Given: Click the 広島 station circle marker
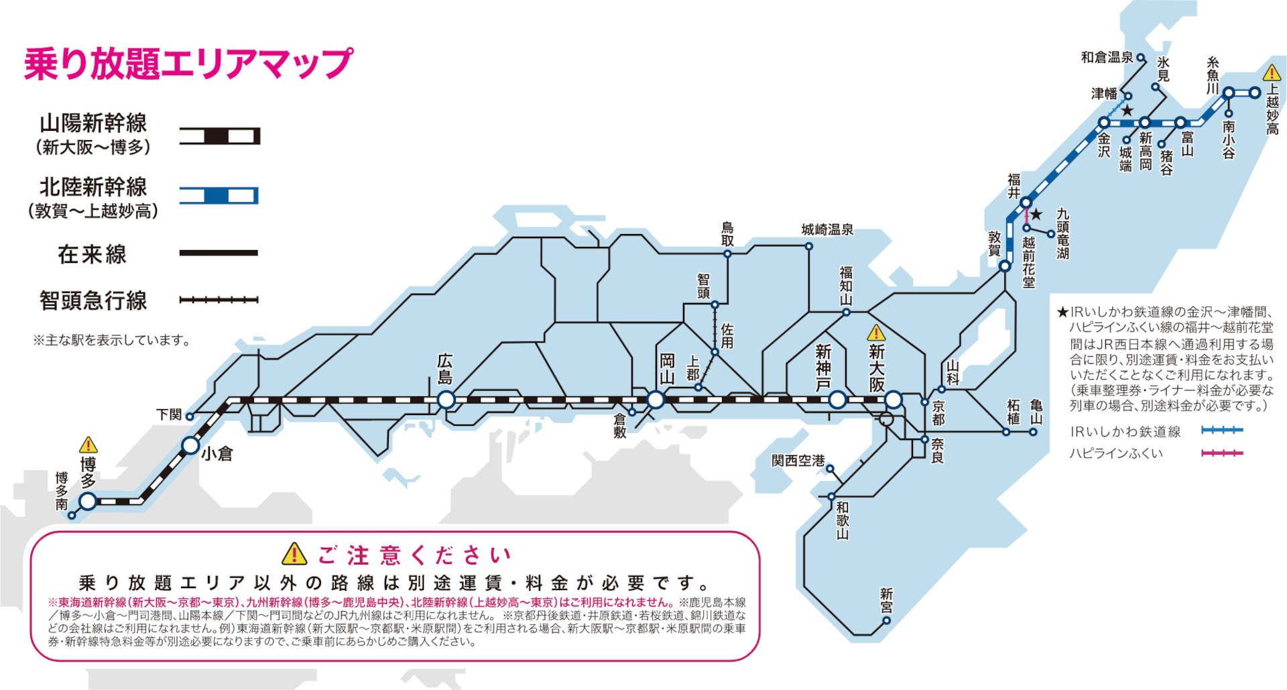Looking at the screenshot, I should point(446,400).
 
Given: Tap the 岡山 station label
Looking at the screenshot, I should point(667,369).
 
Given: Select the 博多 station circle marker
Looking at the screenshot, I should point(88,501).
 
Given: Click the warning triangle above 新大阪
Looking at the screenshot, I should point(876,333).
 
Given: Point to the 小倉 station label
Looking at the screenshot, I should point(217,454).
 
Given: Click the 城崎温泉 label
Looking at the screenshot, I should point(827,230).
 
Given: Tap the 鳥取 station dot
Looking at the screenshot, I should point(727,254).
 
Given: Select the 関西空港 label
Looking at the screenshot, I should point(798,461).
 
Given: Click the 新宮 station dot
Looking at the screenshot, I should point(886,620).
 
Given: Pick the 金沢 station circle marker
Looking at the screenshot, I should point(1104,123).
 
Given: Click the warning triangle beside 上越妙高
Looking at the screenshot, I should point(1272,72).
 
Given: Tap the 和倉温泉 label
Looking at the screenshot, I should point(1107,58).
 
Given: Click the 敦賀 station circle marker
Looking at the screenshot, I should point(1005,266).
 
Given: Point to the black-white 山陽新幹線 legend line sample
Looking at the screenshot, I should point(219,137).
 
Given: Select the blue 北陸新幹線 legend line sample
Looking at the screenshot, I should point(219,196).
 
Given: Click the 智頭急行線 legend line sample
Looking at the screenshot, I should point(219,300).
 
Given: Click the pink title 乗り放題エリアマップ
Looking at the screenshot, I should point(188,64).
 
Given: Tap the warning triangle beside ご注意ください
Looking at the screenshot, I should point(294,555).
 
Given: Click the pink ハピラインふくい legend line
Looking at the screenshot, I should point(1223,453).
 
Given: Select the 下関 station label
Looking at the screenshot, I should point(169,415).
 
